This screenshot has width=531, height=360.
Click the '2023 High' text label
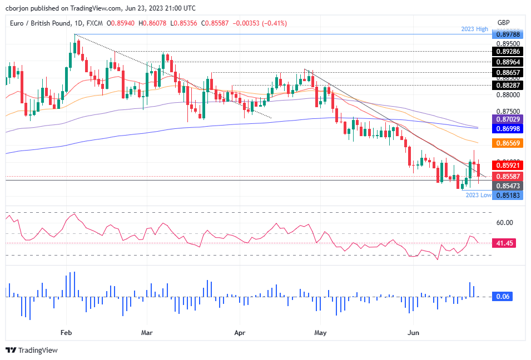tap(474, 29)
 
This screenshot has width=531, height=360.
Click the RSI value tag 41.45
tap(504, 243)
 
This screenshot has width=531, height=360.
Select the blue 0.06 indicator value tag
tap(503, 297)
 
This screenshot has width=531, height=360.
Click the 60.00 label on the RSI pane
tap(504, 223)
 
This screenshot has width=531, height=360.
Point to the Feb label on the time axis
tap(66, 333)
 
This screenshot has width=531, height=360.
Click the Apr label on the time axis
tap(240, 333)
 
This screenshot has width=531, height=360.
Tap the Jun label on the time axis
tap(413, 333)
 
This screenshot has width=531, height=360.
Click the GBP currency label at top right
tap(504, 22)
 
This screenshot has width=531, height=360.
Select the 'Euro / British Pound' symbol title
tap(41, 23)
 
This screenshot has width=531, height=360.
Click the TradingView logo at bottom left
tap(32, 351)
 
